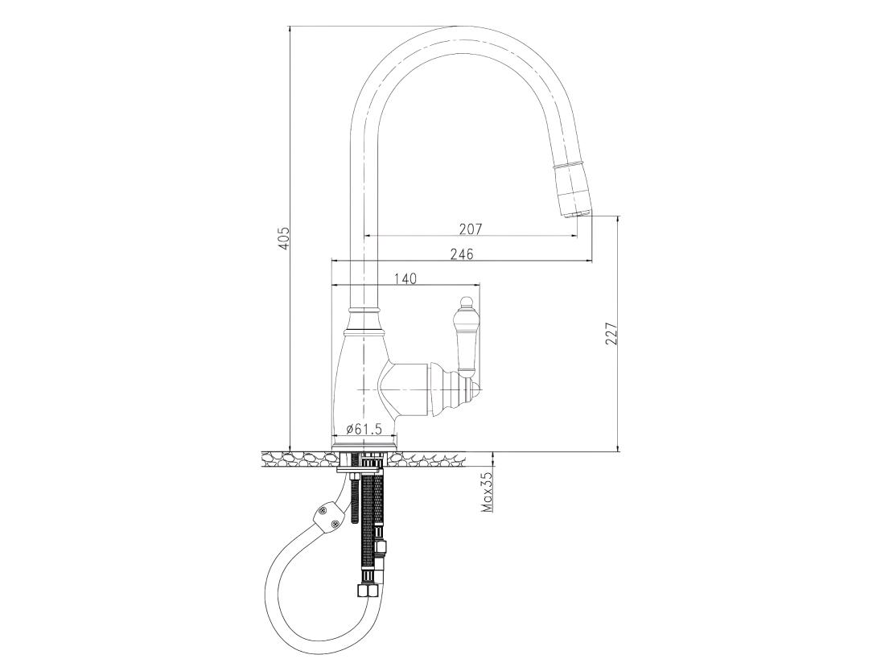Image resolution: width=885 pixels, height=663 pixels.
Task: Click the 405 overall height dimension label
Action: point(284,239)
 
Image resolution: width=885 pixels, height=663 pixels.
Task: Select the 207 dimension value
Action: point(470,229)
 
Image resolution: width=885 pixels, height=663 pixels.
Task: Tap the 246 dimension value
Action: point(462,254)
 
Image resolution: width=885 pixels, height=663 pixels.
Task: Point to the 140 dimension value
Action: point(405,278)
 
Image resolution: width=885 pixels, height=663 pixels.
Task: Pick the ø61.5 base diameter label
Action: point(364,429)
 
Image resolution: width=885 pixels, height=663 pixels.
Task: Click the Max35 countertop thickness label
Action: point(487,492)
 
